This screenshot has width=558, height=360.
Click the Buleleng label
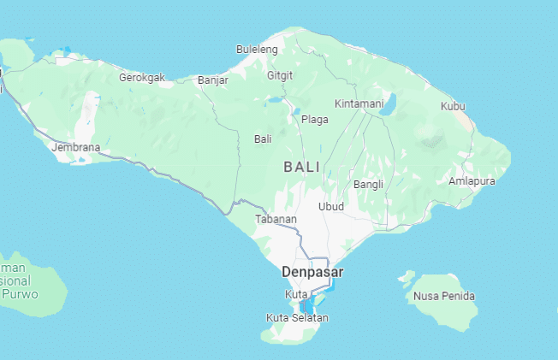(x=257, y=50)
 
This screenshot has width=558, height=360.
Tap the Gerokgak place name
(x=141, y=77)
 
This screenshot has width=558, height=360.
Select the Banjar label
(x=213, y=80)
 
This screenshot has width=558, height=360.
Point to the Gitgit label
(x=280, y=75)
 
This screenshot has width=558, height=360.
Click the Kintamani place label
(x=359, y=103)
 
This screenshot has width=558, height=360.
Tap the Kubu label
(x=453, y=106)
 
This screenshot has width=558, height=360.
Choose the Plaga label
(x=314, y=120)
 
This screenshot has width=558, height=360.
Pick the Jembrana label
(x=75, y=147)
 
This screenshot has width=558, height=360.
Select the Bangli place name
(x=367, y=184)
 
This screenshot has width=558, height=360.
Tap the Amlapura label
(x=471, y=180)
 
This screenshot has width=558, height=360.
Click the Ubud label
(x=330, y=206)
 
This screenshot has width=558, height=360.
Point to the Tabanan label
(x=276, y=220)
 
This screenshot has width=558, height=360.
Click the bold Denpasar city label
(x=312, y=272)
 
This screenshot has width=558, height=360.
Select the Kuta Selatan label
(x=297, y=318)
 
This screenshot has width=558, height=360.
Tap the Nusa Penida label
(x=443, y=296)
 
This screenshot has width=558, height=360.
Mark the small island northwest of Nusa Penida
(x=406, y=277)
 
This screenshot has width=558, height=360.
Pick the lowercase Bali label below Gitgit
(x=263, y=139)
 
